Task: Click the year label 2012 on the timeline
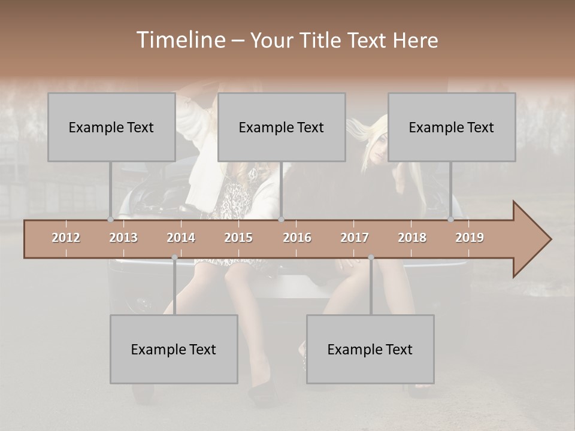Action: (66, 238)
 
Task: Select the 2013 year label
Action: (123, 238)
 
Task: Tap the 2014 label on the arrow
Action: (181, 238)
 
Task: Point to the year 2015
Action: (238, 238)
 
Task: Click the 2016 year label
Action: (297, 238)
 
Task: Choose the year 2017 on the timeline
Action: (355, 238)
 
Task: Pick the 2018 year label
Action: (412, 238)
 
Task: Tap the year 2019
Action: (470, 238)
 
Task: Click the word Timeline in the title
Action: (180, 40)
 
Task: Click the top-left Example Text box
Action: (111, 127)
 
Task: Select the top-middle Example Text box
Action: (282, 127)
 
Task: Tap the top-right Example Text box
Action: (452, 127)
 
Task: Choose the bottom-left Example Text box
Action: (174, 349)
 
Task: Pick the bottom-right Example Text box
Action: (370, 349)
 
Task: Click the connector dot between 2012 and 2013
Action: (111, 220)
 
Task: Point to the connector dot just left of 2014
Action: (174, 257)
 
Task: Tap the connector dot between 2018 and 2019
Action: (451, 220)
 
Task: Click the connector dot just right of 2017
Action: (371, 257)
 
